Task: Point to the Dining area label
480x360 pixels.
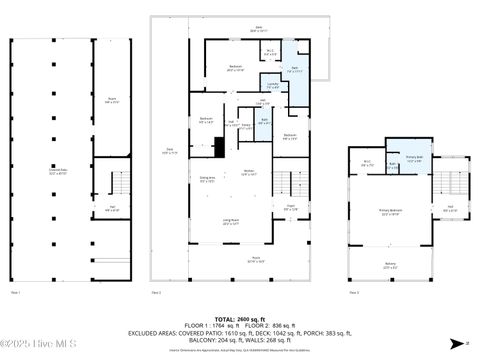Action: coord(207,180)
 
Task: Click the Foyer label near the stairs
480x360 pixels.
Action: coord(290,207)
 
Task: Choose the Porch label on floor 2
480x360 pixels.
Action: coord(255,258)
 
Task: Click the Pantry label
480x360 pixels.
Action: coord(245,126)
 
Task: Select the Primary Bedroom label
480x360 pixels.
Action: coord(390,213)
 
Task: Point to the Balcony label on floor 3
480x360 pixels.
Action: coord(390,267)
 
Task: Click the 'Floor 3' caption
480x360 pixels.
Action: coord(355,293)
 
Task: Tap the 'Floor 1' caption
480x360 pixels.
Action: coord(15,293)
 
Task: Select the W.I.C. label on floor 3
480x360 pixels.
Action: coord(368,162)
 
